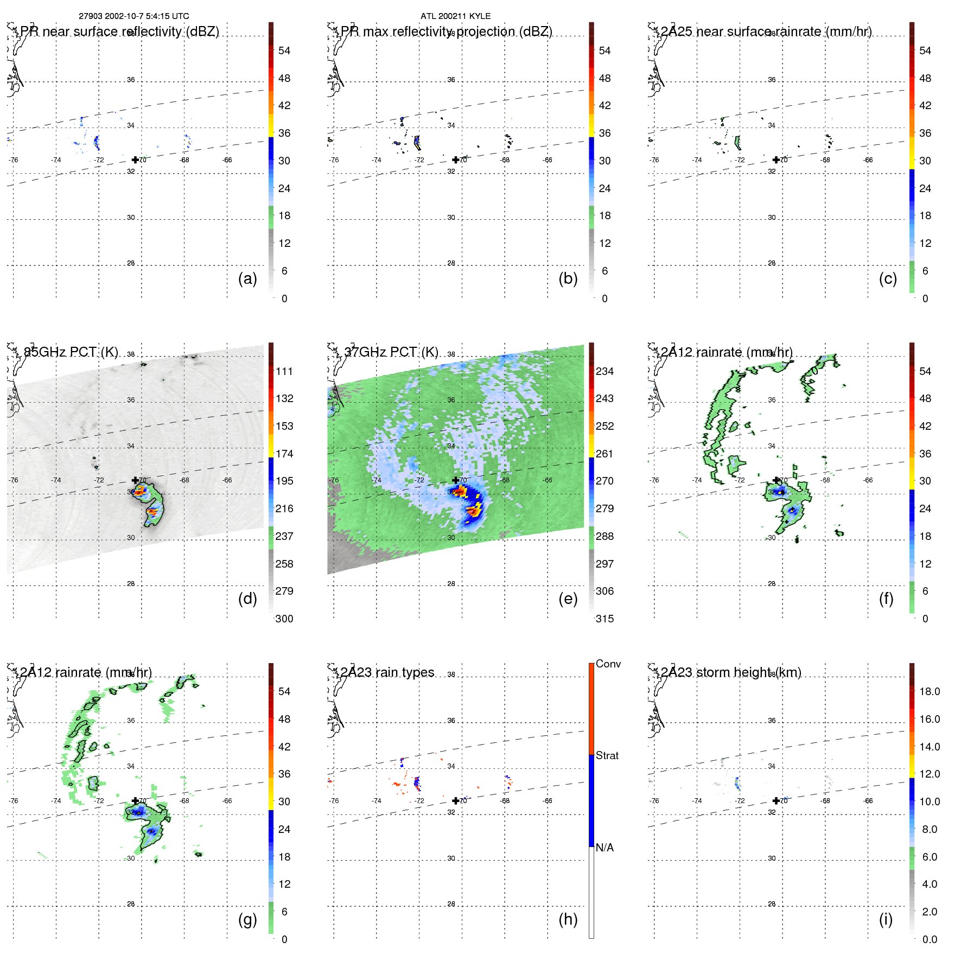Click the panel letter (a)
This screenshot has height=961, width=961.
[247, 279]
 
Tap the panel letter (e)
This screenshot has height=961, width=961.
[568, 599]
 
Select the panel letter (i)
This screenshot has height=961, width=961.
[886, 920]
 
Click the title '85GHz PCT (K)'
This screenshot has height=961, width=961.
[71, 352]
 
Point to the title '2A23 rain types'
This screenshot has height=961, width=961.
[387, 672]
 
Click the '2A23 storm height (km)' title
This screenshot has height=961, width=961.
[731, 672]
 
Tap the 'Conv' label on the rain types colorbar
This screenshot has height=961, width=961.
[608, 664]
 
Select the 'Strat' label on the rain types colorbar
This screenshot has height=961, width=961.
[607, 756]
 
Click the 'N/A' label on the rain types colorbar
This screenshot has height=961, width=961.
[604, 848]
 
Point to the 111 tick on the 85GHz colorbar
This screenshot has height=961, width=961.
[284, 372]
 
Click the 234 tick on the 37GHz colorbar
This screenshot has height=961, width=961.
[604, 372]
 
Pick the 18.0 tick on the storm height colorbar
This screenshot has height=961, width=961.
[930, 692]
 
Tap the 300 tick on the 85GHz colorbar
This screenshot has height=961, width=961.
[284, 619]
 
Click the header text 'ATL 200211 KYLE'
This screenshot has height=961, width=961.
[455, 16]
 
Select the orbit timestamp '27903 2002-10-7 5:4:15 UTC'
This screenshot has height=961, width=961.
[134, 16]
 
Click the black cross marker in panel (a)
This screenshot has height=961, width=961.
[135, 160]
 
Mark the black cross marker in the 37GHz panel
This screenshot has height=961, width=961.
[455, 480]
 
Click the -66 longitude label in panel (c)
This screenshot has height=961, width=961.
[868, 160]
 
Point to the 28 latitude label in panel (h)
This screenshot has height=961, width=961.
[451, 904]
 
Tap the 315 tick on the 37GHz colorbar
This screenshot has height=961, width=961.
[604, 619]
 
